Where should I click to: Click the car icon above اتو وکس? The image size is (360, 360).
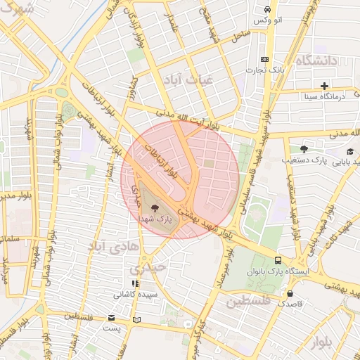coord(267,9)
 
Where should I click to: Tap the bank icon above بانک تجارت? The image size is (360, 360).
coord(264,60)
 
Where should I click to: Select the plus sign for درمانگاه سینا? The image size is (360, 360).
coord(324,86)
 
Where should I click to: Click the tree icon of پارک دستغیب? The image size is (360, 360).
coord(304,149)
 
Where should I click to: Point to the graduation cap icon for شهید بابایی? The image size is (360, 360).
coord(349,151)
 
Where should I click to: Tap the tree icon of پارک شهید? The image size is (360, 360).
coord(155,208)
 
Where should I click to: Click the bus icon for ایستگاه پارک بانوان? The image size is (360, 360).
coord(278,259)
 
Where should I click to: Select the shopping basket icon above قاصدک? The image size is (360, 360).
coord(290,293)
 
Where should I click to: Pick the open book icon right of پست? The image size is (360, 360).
coord(136,320)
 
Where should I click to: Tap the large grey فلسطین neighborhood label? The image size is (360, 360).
coord(247,301)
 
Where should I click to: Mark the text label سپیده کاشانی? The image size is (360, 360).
coord(136,293)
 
